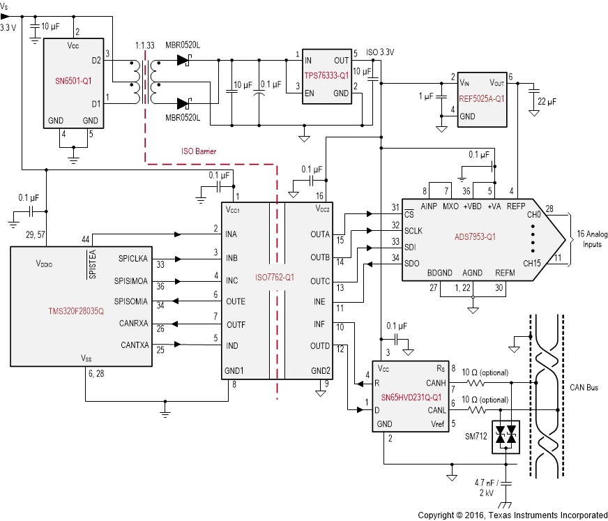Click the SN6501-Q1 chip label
(73, 80)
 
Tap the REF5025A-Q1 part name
(481, 98)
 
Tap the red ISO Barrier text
(199, 151)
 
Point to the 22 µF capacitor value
(547, 101)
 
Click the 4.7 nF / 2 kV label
(487, 487)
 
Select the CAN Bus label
(584, 387)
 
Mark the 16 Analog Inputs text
(593, 239)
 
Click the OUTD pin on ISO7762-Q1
(320, 346)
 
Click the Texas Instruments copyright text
(512, 515)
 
